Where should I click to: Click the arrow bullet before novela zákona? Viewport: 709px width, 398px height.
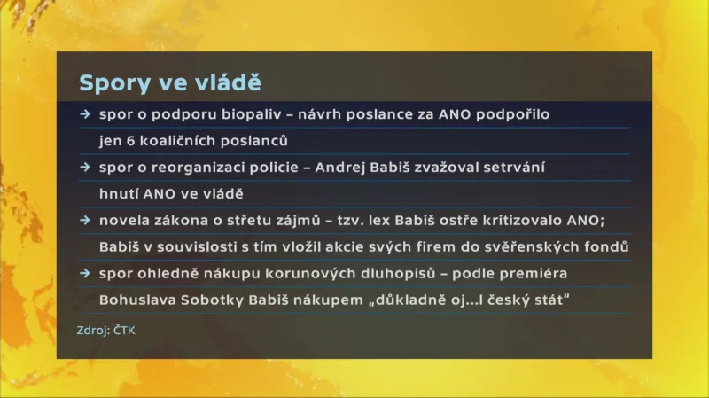click(84, 219)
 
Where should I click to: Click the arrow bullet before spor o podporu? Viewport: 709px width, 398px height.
click(84, 114)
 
